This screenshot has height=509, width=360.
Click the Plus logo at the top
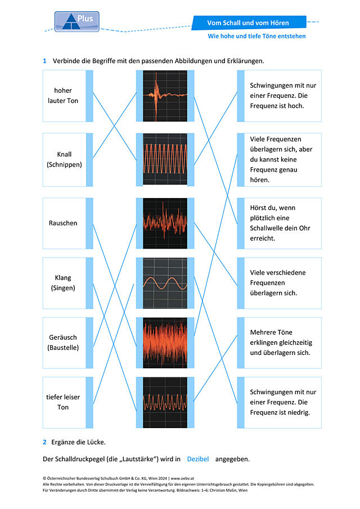click(x=77, y=22)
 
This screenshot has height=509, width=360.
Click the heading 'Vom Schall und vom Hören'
click(x=248, y=23)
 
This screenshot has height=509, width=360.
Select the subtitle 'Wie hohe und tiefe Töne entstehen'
click(x=256, y=36)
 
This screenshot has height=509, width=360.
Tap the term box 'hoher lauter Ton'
click(x=68, y=96)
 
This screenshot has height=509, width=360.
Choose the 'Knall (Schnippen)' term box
click(x=68, y=159)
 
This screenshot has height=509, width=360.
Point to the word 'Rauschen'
click(x=63, y=223)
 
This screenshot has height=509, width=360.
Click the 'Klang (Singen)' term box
click(x=68, y=283)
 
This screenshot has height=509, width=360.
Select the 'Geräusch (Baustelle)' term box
click(x=68, y=343)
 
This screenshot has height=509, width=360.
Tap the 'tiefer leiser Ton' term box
click(x=68, y=402)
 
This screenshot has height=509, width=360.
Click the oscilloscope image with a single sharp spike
click(x=165, y=96)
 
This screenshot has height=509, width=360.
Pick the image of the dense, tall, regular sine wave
click(x=165, y=159)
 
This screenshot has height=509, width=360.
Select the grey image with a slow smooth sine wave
click(x=165, y=283)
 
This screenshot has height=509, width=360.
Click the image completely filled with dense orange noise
click(x=165, y=343)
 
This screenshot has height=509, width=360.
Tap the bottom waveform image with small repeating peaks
click(x=165, y=402)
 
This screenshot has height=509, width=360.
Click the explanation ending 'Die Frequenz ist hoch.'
click(x=280, y=96)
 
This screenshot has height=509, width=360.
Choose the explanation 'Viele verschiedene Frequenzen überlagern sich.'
click(x=280, y=283)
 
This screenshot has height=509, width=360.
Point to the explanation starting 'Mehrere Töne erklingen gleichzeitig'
click(x=280, y=343)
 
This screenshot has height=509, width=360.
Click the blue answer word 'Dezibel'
click(x=198, y=459)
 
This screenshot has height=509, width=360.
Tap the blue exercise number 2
click(x=45, y=442)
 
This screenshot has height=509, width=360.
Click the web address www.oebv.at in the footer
click(x=182, y=478)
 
